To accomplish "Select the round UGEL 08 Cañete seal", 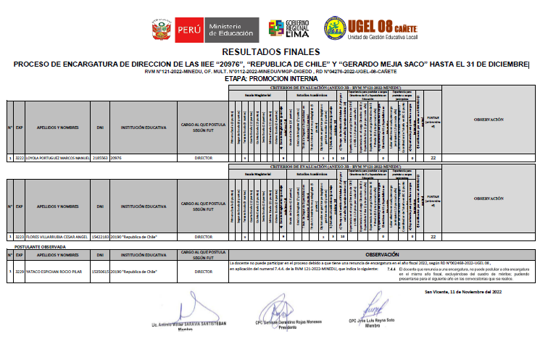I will coord(335,29).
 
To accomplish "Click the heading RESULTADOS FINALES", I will coord(270,52).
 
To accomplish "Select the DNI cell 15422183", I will coord(100,236).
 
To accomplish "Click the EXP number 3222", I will coord(20,156).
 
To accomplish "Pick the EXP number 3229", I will coord(20,272).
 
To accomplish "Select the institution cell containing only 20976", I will coord(116,156).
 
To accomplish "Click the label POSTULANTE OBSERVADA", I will coord(41,247).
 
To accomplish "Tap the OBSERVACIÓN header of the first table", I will coord(488,118).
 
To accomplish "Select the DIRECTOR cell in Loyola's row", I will coord(204,156).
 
